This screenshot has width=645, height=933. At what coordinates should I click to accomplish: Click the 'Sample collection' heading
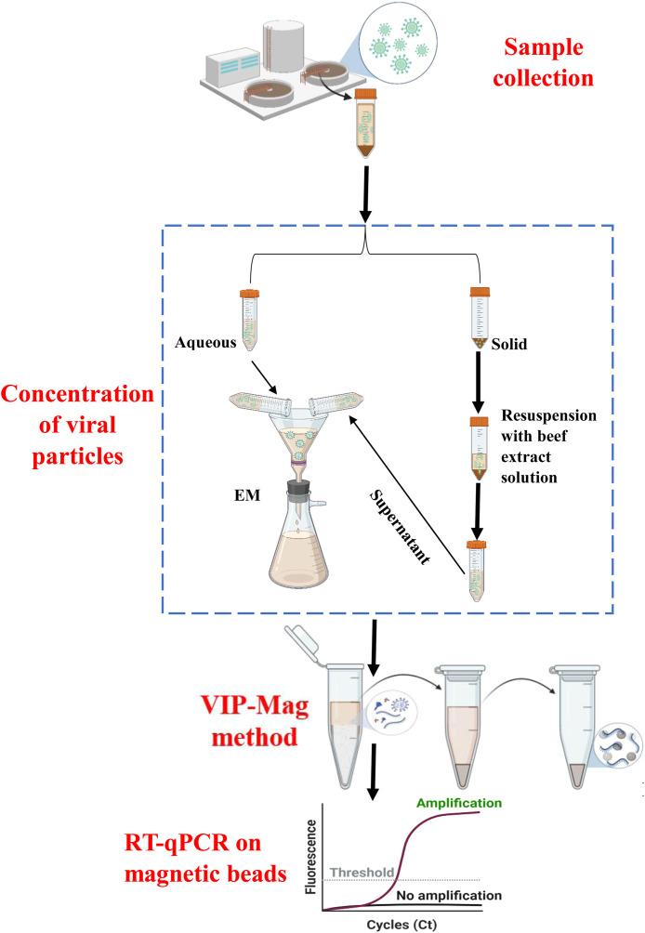547,60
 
